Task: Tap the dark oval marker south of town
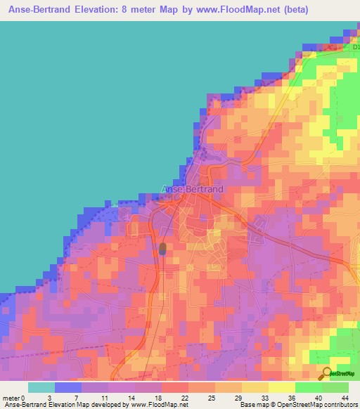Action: pyautogui.click(x=163, y=248)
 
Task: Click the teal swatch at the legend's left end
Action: pyautogui.click(x=41, y=387)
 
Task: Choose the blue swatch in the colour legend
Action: pyautogui.click(x=68, y=387)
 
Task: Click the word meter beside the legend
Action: pyautogui.click(x=12, y=398)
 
